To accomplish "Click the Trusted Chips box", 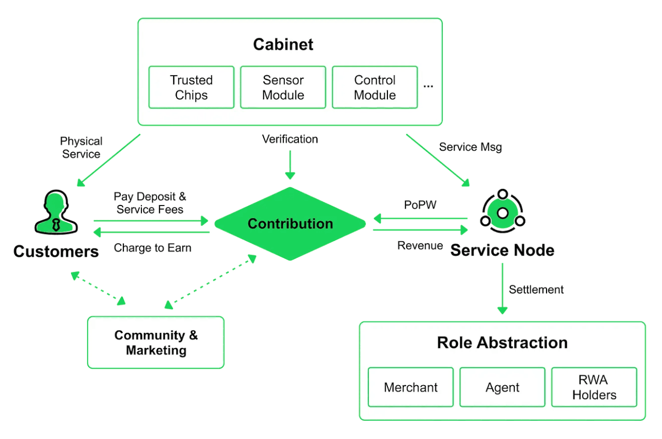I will [x=191, y=87].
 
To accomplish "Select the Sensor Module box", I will [x=283, y=87].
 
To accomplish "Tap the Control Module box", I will [x=375, y=87].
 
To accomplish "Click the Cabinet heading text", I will [x=283, y=45].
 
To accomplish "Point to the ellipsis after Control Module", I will [x=428, y=86].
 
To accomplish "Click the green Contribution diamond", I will [x=290, y=224].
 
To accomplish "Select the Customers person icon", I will [x=56, y=212].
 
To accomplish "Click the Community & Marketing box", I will [x=156, y=343].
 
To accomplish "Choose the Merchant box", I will [x=411, y=387].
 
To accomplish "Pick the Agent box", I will [x=502, y=387].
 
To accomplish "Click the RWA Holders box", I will [x=594, y=387].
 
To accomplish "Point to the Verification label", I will [x=290, y=139].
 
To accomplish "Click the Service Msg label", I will [x=470, y=147].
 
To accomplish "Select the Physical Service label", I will [x=81, y=148].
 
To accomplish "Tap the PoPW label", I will [x=420, y=205].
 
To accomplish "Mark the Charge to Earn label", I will [x=152, y=248].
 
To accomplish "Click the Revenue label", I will [x=420, y=246].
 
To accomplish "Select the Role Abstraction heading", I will [x=502, y=343].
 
